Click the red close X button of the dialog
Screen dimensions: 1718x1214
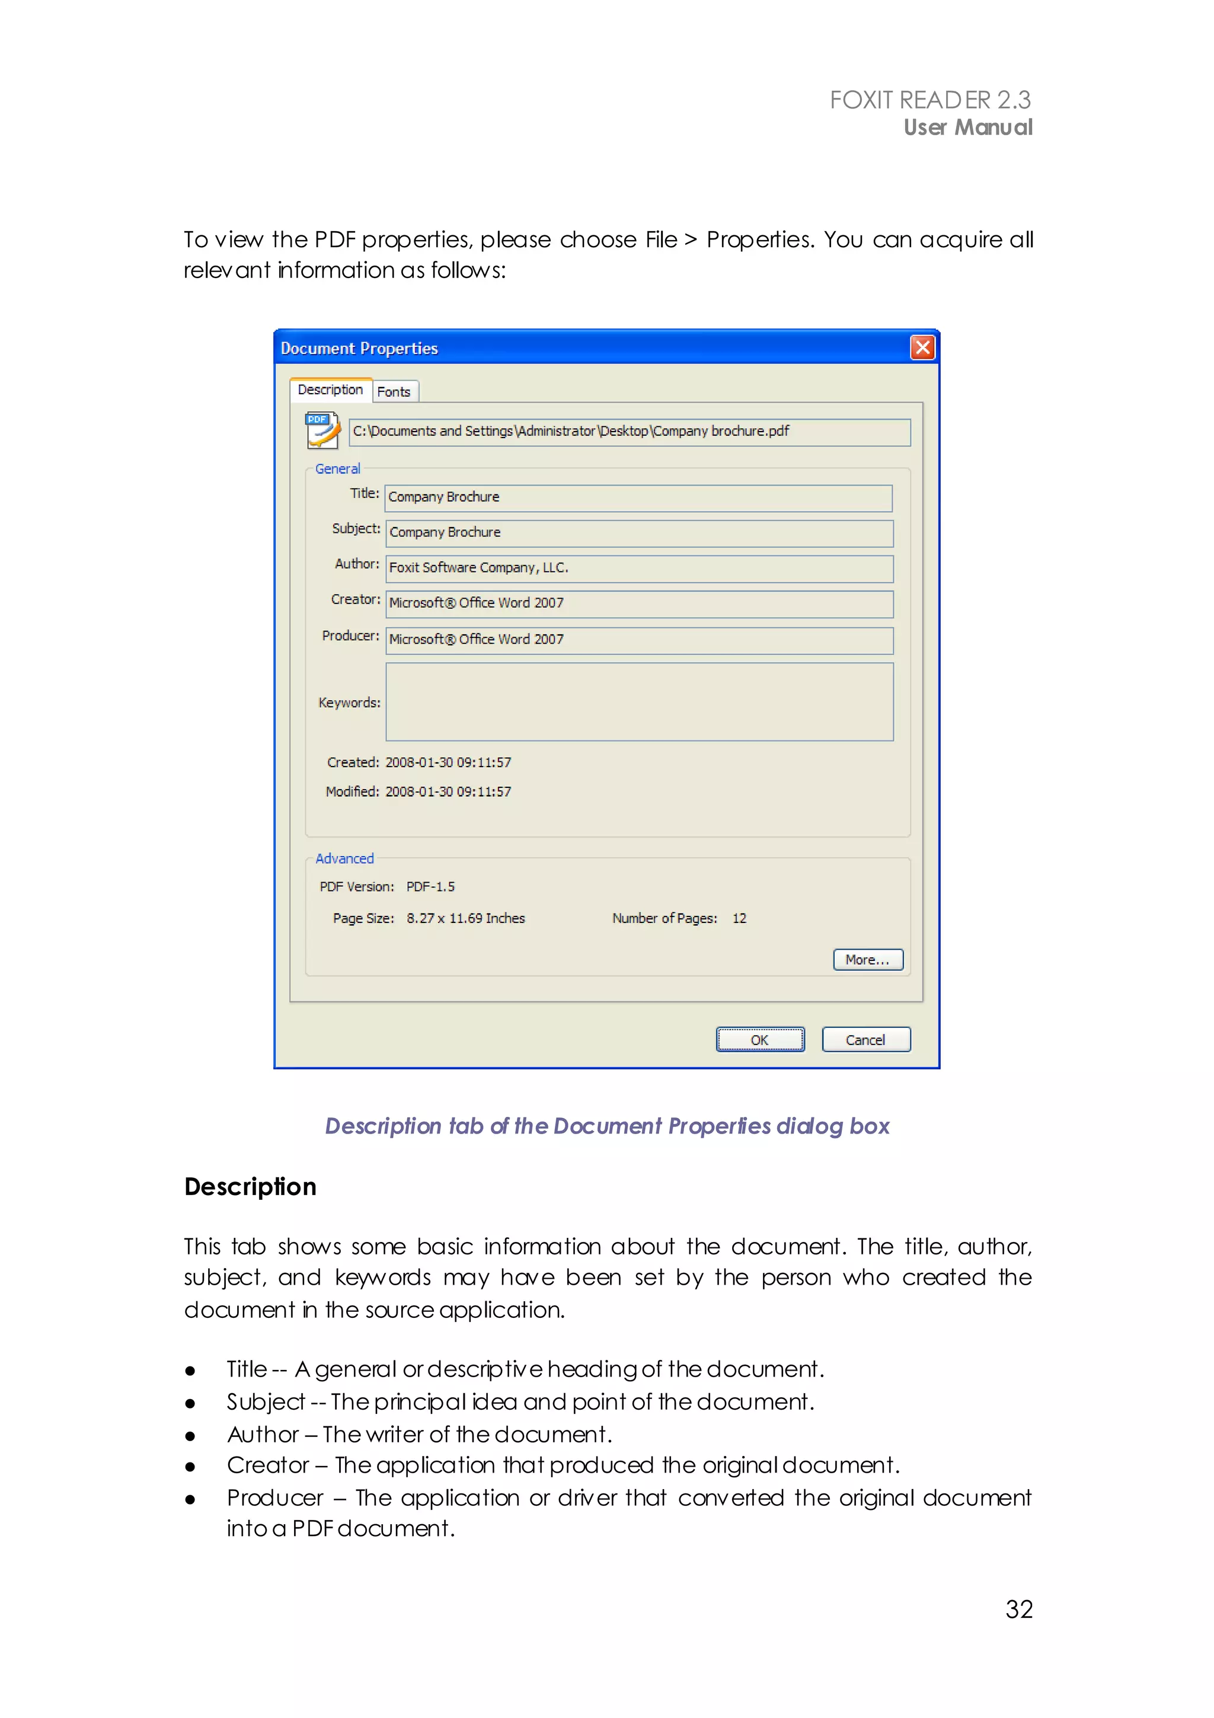[x=922, y=348]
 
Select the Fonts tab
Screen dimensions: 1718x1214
[x=394, y=392]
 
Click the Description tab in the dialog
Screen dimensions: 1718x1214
[x=330, y=390]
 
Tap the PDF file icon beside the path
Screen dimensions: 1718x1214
[x=322, y=430]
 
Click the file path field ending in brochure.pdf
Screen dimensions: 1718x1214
[x=629, y=432]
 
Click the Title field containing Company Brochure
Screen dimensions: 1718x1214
[x=638, y=497]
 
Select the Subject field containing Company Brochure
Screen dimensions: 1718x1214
[x=639, y=533]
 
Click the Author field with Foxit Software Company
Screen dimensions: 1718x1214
[x=639, y=568]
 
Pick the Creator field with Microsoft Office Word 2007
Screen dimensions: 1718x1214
[x=639, y=604]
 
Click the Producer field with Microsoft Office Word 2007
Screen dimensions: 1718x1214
[x=639, y=640]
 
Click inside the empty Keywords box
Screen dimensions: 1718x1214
[x=639, y=702]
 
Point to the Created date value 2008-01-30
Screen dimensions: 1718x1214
[x=448, y=762]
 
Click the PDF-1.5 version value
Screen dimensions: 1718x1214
[x=430, y=887]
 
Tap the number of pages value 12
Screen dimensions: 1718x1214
[x=739, y=919]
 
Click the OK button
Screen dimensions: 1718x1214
[x=759, y=1040]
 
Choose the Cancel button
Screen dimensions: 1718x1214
[x=865, y=1040]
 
